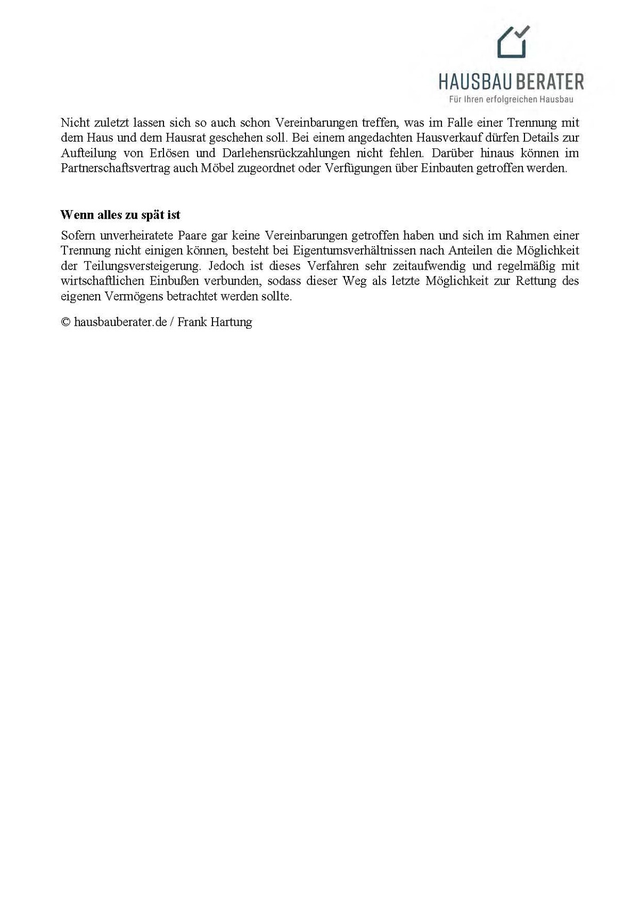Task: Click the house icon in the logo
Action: [x=512, y=44]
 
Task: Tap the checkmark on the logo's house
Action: [x=522, y=31]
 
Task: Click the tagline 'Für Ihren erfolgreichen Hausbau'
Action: [x=511, y=99]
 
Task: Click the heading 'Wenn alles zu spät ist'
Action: [x=120, y=215]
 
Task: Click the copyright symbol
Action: [x=65, y=322]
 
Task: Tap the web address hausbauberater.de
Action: [x=120, y=322]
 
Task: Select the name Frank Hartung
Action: [x=215, y=322]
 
